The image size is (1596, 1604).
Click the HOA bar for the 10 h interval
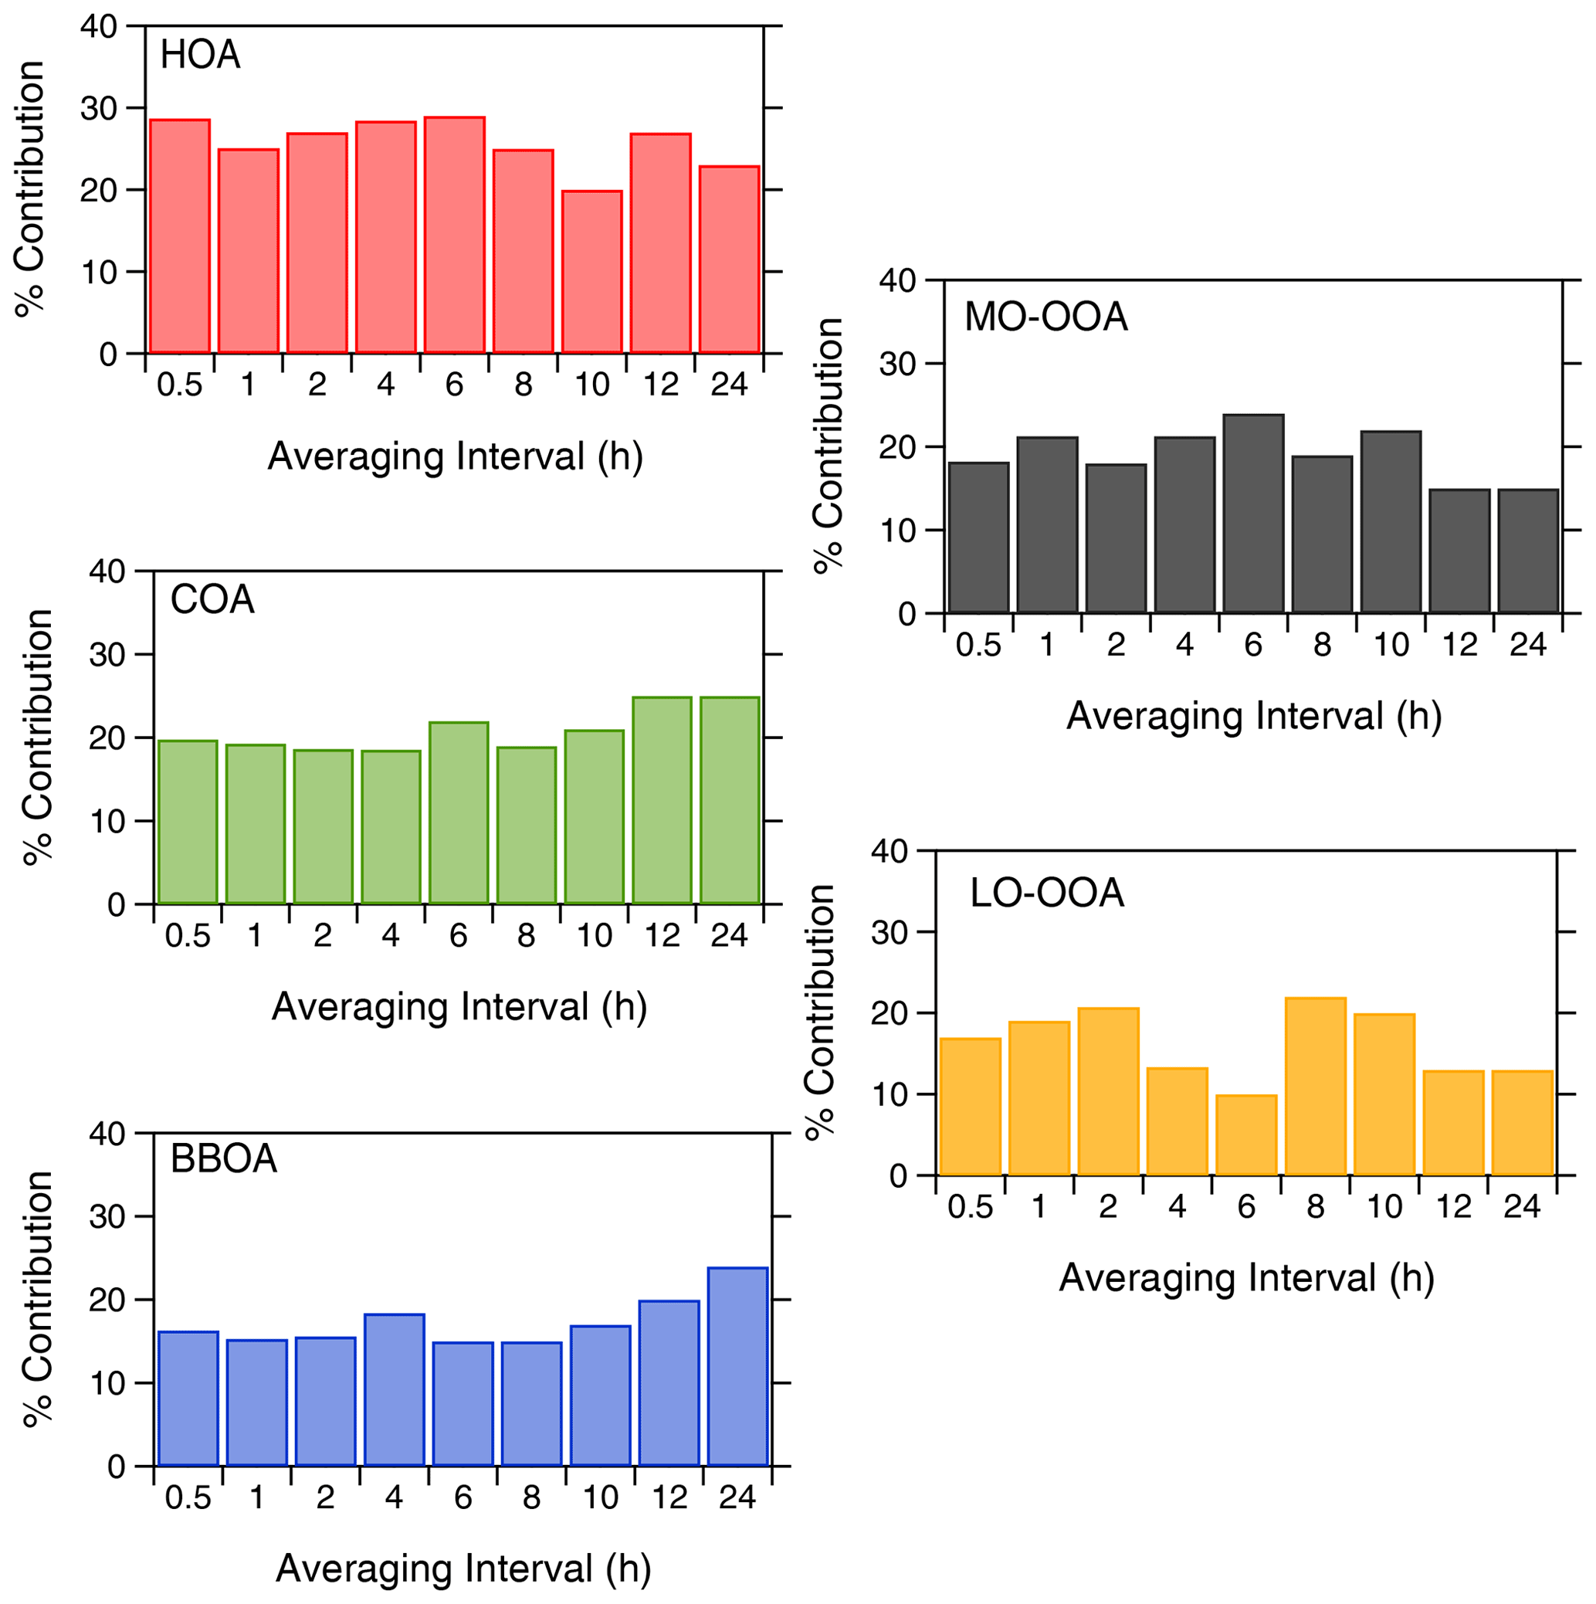591,273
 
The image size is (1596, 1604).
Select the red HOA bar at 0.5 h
179,236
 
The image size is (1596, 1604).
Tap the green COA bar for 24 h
730,800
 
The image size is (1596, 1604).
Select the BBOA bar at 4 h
395,1390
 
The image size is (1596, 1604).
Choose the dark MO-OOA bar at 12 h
1459,551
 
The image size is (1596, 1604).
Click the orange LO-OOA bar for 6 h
1245,1135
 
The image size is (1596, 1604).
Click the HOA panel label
200,56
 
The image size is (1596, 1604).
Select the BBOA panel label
223,1159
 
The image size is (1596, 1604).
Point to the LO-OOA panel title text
1046,894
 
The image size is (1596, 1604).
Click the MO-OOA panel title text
1045,317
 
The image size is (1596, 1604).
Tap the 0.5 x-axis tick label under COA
188,936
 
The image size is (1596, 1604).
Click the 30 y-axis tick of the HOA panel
99,108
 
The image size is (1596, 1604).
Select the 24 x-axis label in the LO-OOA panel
1521,1206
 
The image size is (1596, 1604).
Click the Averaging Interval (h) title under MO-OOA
1253,716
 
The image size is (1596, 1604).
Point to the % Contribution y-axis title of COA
37,738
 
